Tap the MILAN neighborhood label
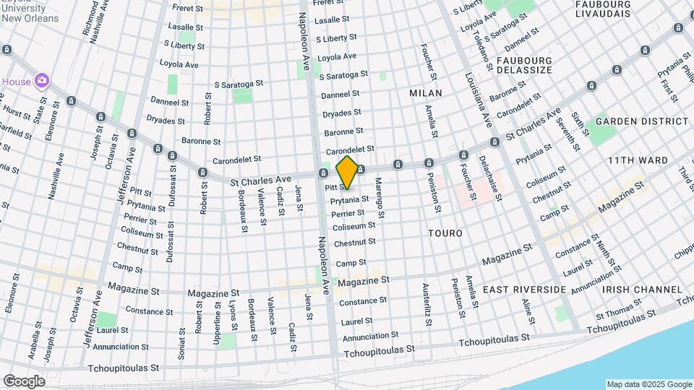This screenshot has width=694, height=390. pyautogui.click(x=425, y=93)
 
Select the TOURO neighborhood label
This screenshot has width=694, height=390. pyautogui.click(x=445, y=234)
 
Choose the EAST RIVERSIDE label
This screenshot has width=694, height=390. pyautogui.click(x=524, y=290)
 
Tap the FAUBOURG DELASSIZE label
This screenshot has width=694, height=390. pyautogui.click(x=524, y=66)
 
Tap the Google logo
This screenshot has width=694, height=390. pyautogui.click(x=24, y=381)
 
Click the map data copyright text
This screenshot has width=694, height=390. pyautogui.click(x=649, y=384)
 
